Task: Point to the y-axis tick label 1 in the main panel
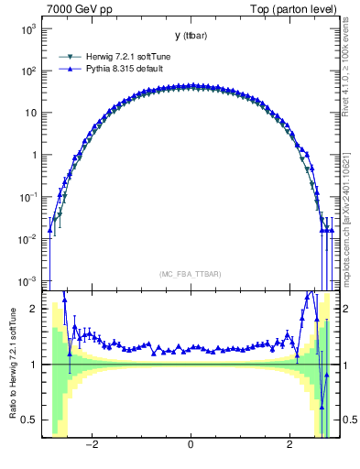pos(34,155)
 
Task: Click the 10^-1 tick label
pos(27,197)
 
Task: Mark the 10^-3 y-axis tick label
pos(27,280)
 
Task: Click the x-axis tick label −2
pos(92,446)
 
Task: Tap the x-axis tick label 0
pos(190,446)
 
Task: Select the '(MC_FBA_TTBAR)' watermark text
pos(190,274)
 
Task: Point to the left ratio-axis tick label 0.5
pos(31,420)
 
